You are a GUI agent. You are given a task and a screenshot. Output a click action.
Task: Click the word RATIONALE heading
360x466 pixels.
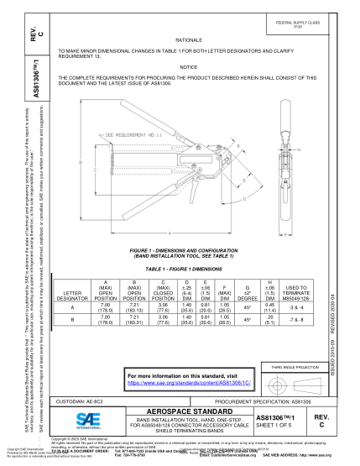188,39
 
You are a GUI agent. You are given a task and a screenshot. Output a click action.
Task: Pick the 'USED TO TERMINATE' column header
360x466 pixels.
296,291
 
